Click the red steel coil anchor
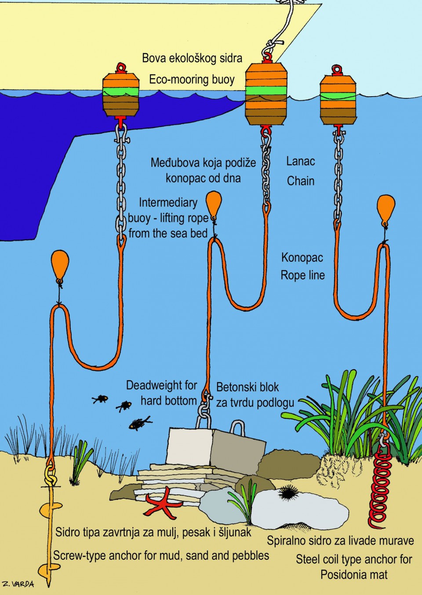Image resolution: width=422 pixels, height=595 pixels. click(380, 487)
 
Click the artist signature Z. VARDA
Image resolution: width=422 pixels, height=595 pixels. click(18, 584)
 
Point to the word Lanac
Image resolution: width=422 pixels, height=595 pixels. click(301, 162)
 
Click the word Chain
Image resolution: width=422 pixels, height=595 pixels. click(301, 181)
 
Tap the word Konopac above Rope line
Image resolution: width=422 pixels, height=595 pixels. click(302, 257)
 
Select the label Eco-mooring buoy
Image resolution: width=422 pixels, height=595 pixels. click(192, 79)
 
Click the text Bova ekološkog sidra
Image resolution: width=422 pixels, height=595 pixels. click(192, 58)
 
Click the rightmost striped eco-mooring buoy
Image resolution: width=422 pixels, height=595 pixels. click(338, 100)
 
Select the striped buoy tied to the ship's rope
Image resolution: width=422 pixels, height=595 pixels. click(266, 94)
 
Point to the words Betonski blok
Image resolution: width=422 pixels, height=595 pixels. click(247, 387)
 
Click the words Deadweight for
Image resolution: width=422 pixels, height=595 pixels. click(161, 386)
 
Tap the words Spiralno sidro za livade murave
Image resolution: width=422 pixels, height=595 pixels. click(340, 541)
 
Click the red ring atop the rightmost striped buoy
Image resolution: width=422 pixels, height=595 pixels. click(337, 69)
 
